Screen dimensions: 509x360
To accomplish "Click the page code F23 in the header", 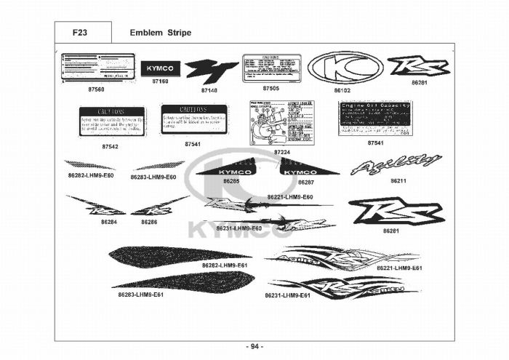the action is (81, 33).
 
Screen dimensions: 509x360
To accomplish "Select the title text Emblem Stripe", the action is (160, 33).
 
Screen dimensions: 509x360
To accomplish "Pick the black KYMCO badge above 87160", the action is (160, 67).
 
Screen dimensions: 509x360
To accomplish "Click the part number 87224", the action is (282, 151).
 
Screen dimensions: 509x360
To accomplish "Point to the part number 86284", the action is (109, 221).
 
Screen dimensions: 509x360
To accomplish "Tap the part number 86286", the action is (150, 221).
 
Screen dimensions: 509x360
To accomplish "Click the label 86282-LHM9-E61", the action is (225, 265).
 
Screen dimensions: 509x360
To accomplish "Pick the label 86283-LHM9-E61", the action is (141, 295).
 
